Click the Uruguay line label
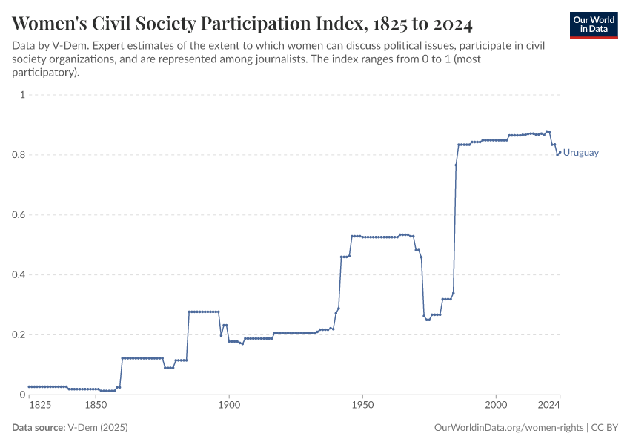point(581,153)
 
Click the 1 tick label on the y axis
point(22,95)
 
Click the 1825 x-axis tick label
point(40,406)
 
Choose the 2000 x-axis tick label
point(496,406)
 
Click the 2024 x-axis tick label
point(548,406)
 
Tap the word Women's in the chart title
point(50,24)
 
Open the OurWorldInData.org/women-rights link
point(508,428)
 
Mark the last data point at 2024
point(560,152)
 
